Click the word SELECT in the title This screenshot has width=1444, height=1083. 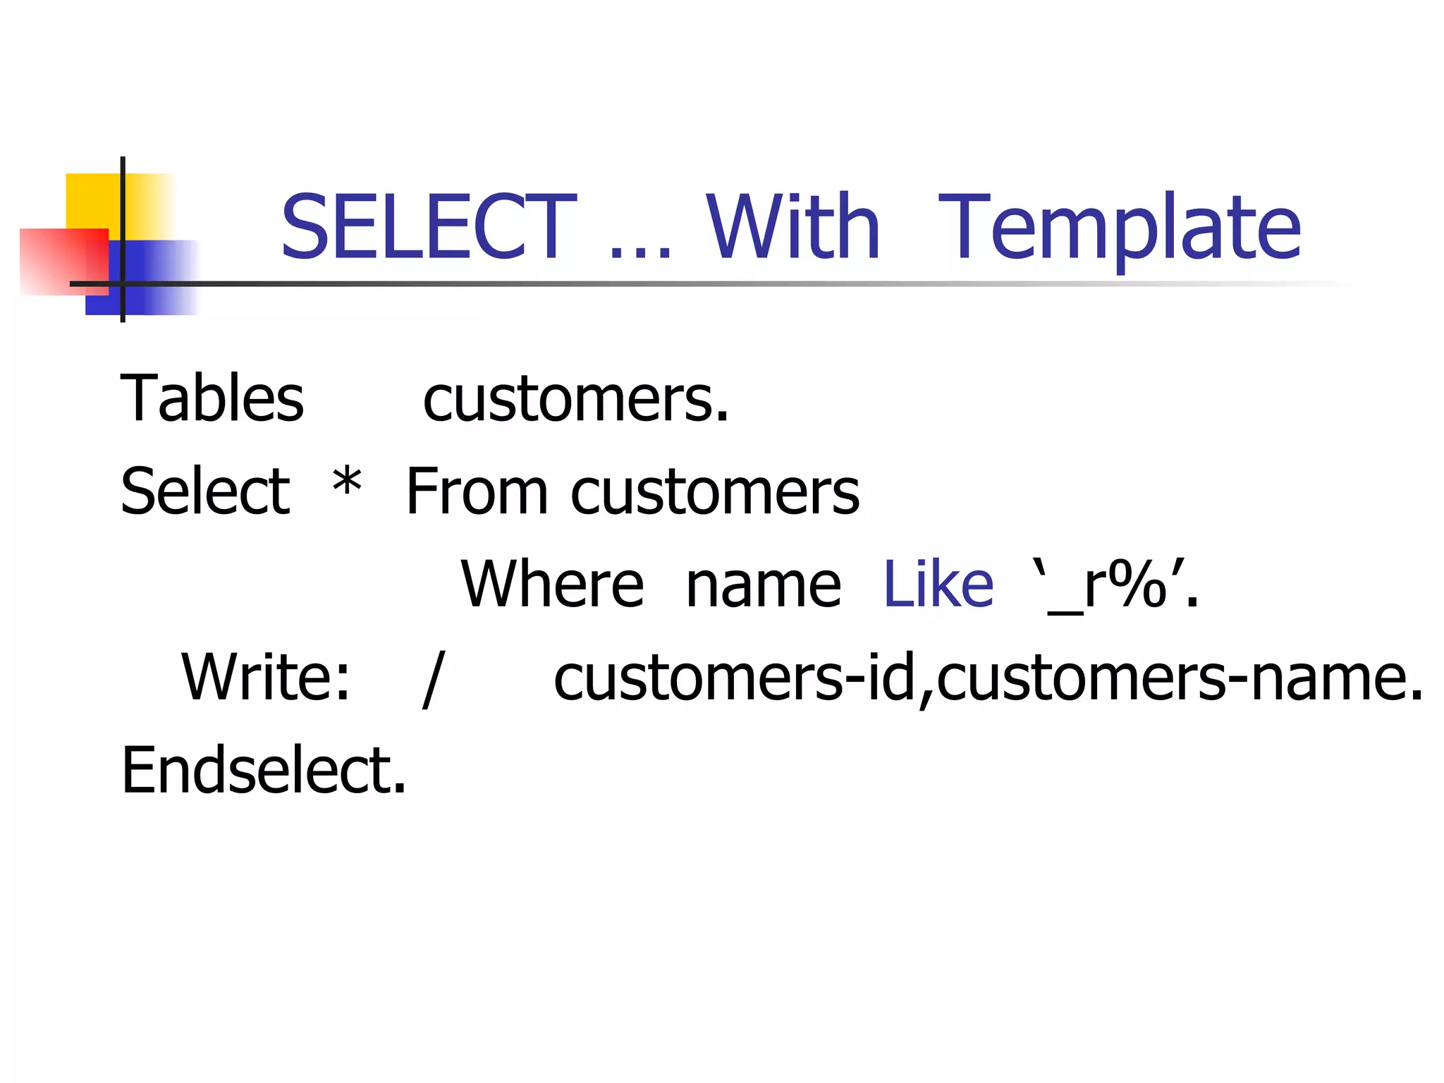pyautogui.click(x=428, y=227)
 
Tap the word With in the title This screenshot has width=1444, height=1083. pyautogui.click(x=793, y=227)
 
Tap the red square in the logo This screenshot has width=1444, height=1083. pyautogui.click(x=60, y=261)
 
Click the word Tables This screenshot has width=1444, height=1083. pyautogui.click(x=212, y=399)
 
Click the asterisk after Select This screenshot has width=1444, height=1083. pyautogui.click(x=347, y=483)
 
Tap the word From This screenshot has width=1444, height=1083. pyautogui.click(x=477, y=491)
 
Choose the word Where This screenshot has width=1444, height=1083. pyautogui.click(x=552, y=584)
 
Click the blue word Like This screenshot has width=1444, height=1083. pyautogui.click(x=938, y=584)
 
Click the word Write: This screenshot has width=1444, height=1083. pyautogui.click(x=265, y=677)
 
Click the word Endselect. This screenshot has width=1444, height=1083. pyautogui.click(x=264, y=770)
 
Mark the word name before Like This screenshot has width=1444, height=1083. pyautogui.click(x=763, y=585)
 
